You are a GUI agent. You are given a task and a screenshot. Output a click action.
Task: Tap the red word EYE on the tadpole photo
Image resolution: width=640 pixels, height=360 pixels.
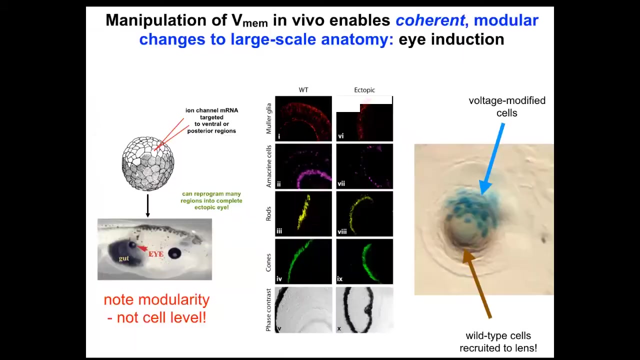(x=156, y=254)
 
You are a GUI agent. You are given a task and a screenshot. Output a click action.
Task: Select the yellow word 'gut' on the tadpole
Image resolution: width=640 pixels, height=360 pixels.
(x=124, y=258)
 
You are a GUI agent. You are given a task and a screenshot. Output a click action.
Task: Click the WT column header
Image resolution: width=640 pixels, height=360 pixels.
(x=303, y=90)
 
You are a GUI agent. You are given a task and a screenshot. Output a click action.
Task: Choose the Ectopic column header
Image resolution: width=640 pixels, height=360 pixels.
(x=364, y=90)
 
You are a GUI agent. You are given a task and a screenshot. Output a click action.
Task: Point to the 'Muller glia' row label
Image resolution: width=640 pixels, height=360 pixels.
(x=268, y=118)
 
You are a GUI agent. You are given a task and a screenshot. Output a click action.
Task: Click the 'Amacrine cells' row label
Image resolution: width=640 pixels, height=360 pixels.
(x=268, y=166)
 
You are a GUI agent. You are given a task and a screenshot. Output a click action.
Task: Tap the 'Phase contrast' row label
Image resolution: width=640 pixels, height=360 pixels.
(x=268, y=310)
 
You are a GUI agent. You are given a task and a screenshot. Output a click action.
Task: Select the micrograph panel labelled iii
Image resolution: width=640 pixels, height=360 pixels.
(x=303, y=213)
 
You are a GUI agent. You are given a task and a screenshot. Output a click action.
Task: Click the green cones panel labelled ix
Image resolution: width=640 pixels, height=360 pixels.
(x=364, y=261)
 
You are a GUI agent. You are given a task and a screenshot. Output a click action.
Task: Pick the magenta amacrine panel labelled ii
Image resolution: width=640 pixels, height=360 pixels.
(x=303, y=166)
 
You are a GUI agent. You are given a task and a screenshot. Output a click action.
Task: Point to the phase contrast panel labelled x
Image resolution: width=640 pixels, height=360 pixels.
(x=364, y=310)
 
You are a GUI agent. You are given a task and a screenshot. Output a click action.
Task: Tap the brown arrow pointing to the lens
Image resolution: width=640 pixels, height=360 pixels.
(x=477, y=283)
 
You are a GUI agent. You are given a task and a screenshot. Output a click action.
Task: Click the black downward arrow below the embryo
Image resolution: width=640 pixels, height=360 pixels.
(x=147, y=205)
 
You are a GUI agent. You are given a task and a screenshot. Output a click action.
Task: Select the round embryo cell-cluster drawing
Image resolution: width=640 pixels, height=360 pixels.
(x=147, y=163)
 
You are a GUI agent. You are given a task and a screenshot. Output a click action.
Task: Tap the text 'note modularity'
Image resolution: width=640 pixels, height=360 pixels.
(x=156, y=299)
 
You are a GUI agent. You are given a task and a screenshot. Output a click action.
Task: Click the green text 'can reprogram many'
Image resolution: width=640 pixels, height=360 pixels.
(x=211, y=193)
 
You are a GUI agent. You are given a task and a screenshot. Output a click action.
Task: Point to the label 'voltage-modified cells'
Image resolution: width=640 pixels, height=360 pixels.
(x=507, y=106)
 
